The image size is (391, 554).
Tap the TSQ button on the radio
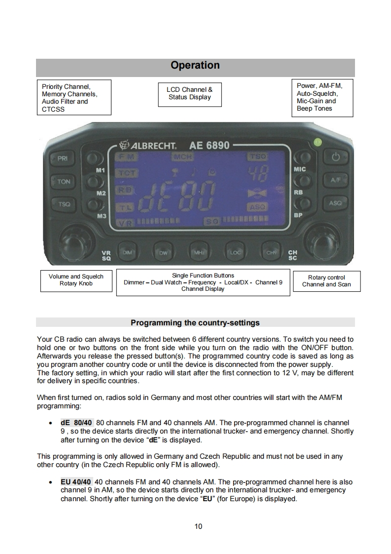tap(64, 204)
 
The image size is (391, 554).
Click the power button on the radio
tap(336, 158)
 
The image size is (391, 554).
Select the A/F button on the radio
tap(336, 181)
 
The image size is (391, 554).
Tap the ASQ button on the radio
tap(335, 202)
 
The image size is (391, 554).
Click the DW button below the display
tap(164, 252)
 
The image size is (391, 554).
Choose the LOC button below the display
tap(235, 252)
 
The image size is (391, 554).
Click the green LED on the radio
tap(318, 142)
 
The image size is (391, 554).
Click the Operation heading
tap(195, 66)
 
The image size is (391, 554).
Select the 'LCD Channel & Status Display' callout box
tap(189, 94)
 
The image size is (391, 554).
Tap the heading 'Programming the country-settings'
tap(195, 323)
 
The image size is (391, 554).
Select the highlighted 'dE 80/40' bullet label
tap(76, 423)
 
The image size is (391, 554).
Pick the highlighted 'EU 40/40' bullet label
tap(76, 481)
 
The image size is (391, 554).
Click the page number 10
tap(198, 526)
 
